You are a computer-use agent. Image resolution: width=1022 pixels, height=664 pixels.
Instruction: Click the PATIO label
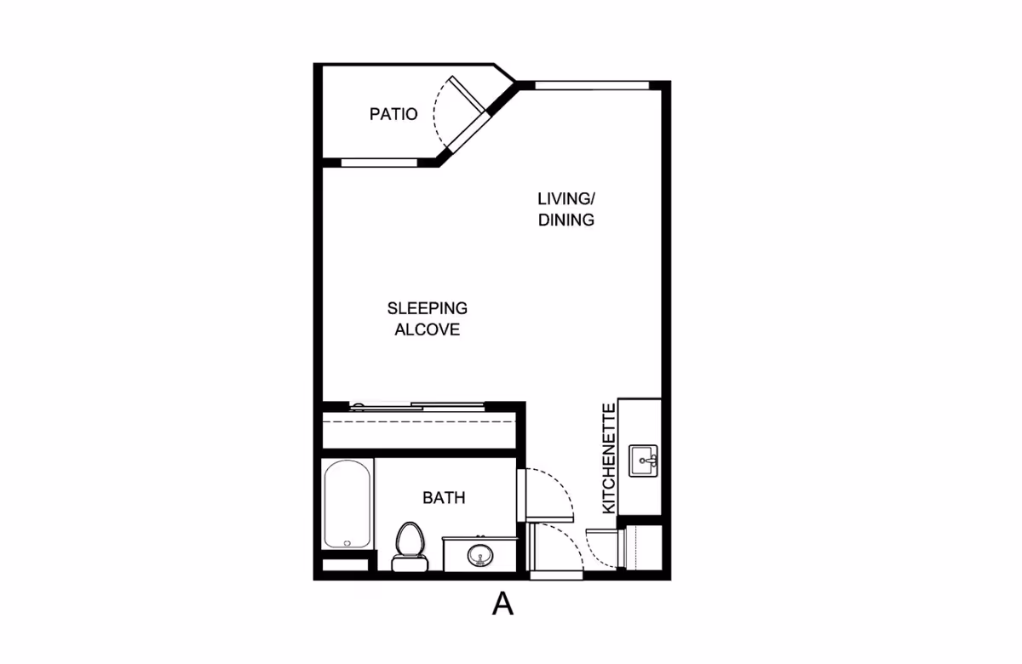pyautogui.click(x=393, y=114)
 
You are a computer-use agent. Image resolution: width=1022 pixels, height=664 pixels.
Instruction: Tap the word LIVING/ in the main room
pyautogui.click(x=566, y=199)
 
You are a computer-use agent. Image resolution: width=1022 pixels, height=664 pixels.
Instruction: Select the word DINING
pyautogui.click(x=566, y=220)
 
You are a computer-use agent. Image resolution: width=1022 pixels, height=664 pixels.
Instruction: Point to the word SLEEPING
pyautogui.click(x=428, y=308)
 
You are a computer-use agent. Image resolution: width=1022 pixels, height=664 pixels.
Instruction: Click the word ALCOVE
pyautogui.click(x=428, y=329)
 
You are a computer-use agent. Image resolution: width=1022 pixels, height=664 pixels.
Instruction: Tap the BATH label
pyautogui.click(x=444, y=498)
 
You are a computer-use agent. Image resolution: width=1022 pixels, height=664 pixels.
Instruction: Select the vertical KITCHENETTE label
pyautogui.click(x=609, y=458)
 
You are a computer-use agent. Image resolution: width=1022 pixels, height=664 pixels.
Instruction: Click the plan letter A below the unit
pyautogui.click(x=503, y=604)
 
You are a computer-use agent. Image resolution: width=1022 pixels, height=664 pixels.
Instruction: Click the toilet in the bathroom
pyautogui.click(x=409, y=545)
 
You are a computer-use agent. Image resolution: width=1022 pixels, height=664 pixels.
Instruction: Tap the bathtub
pyautogui.click(x=347, y=504)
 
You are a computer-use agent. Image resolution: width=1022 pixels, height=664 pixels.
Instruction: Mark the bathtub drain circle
pyautogui.click(x=347, y=542)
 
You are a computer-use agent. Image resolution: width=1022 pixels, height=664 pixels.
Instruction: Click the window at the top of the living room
pyautogui.click(x=592, y=84)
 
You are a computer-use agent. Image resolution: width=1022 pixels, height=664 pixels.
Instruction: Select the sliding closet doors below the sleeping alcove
pyautogui.click(x=419, y=406)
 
